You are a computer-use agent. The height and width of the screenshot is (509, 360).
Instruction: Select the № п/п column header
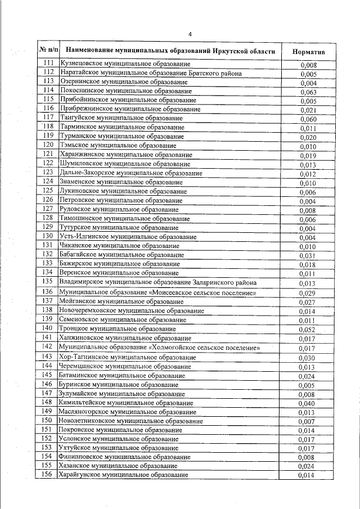tap(47, 51)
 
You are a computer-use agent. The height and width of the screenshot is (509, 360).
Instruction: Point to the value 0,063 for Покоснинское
tap(309, 92)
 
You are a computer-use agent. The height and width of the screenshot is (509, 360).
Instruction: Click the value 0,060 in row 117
tap(309, 119)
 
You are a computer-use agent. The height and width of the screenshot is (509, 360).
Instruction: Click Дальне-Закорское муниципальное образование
tap(131, 173)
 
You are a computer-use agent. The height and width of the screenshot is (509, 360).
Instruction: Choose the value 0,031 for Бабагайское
tap(309, 256)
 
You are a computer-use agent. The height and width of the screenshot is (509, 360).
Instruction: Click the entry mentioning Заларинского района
tap(158, 282)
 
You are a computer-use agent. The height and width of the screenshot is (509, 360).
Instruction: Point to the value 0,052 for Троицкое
tap(309, 330)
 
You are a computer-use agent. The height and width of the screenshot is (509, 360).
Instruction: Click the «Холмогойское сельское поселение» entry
tap(160, 348)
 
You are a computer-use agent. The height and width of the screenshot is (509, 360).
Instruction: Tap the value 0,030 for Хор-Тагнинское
tap(309, 358)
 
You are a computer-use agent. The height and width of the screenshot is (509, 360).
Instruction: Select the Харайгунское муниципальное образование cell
tap(123, 475)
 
